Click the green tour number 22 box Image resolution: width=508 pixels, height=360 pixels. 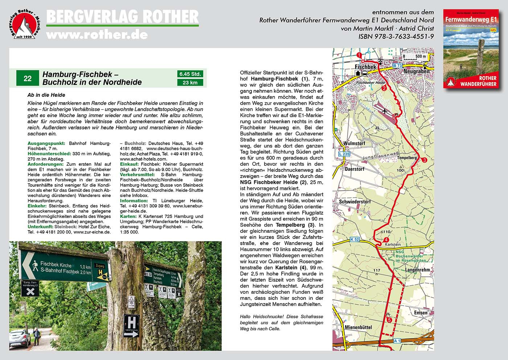click(28, 78)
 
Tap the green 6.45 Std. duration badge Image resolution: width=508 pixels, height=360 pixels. click(190, 74)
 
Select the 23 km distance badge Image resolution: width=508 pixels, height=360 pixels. click(190, 83)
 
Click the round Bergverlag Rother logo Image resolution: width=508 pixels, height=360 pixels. click(24, 24)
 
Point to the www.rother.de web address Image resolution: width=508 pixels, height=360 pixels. click(97, 35)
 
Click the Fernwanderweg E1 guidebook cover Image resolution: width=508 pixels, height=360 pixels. click(471, 49)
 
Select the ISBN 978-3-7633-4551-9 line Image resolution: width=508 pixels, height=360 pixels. click(396, 37)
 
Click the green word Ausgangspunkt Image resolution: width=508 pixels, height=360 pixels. click(46, 144)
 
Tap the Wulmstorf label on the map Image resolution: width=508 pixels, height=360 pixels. click(354, 144)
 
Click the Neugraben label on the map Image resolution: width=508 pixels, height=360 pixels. click(416, 71)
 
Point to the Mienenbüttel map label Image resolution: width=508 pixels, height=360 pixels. click(358, 327)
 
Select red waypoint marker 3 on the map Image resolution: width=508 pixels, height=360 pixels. click(424, 160)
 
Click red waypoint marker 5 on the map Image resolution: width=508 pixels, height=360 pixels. click(389, 320)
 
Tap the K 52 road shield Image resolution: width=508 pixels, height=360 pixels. click(355, 239)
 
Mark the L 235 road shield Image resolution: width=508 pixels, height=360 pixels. click(344, 154)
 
